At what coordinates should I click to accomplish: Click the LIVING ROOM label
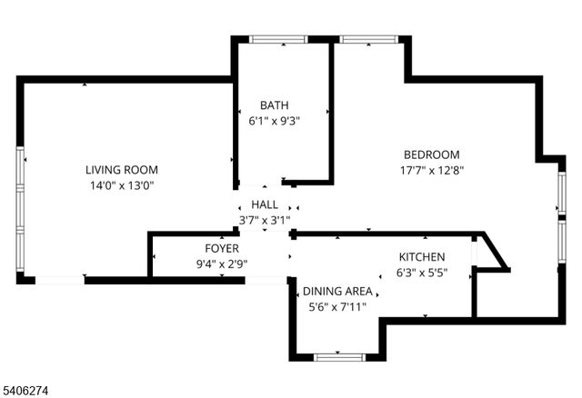(x=122, y=170)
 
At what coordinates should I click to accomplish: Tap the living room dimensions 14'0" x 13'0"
(x=122, y=185)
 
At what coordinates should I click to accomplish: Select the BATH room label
(x=274, y=104)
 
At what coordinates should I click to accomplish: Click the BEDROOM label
(x=432, y=154)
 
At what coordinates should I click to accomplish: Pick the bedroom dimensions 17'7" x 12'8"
(x=432, y=170)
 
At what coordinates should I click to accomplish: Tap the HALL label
(x=265, y=205)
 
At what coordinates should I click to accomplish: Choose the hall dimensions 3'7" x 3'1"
(x=265, y=220)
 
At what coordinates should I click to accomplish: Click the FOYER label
(x=221, y=248)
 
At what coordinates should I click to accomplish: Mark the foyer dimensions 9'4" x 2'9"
(x=221, y=264)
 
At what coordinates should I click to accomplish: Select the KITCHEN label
(x=421, y=257)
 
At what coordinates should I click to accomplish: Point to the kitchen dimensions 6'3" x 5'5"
(x=421, y=273)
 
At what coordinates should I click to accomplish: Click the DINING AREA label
(x=337, y=291)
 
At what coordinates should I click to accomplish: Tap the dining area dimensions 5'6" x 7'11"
(x=337, y=306)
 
